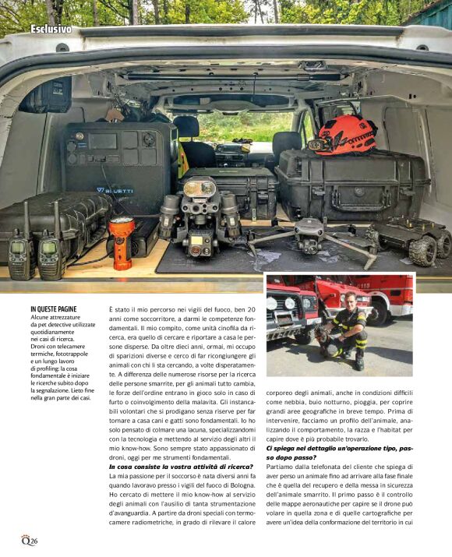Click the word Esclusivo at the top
point(51,30)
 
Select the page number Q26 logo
point(29,541)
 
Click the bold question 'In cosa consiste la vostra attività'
point(180,466)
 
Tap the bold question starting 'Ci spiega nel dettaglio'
point(340,448)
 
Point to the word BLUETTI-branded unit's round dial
point(148,140)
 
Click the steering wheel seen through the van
point(232,146)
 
